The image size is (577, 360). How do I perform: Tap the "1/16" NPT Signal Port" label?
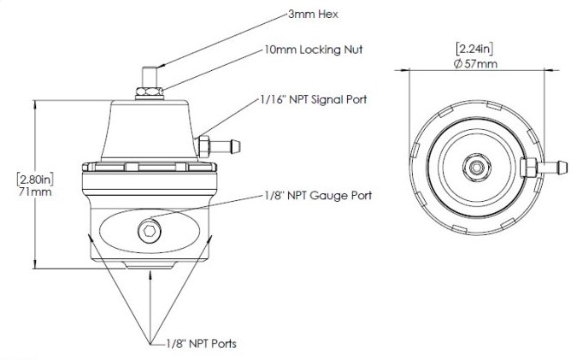[312, 99]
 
